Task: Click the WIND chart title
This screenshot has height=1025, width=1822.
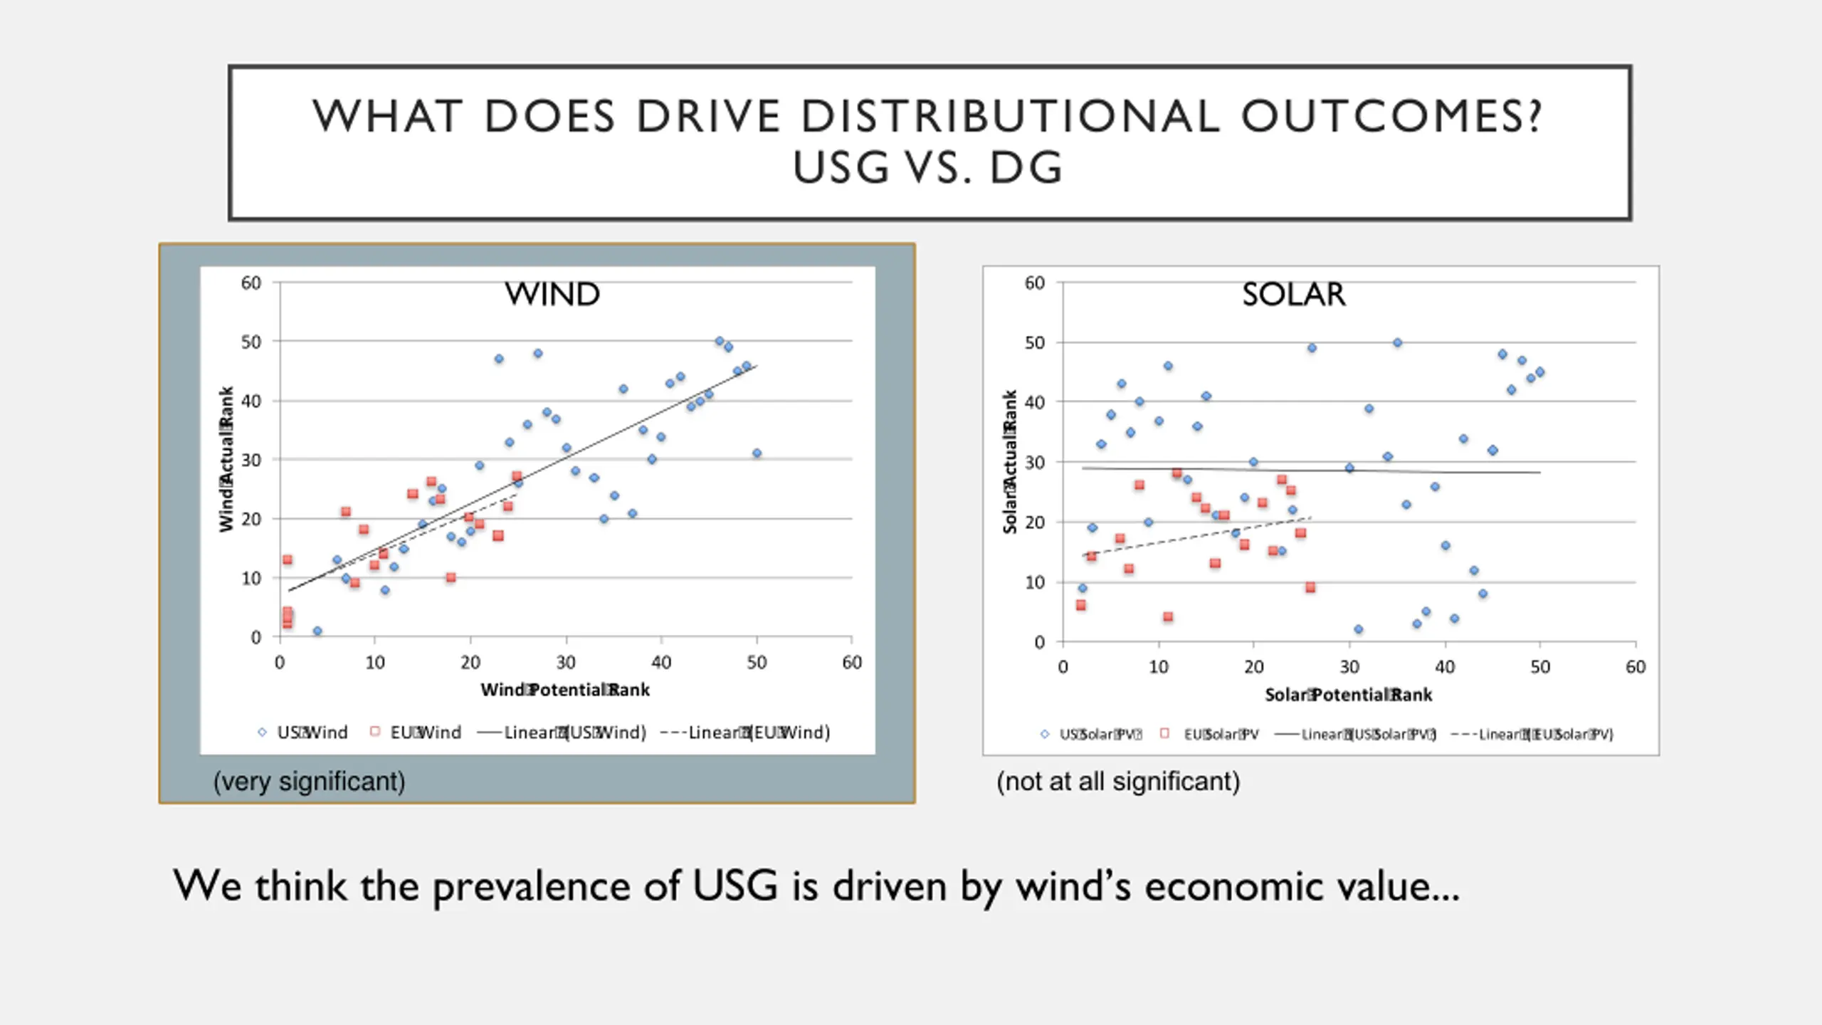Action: pos(552,294)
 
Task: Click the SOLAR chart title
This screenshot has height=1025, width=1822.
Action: pos(1293,294)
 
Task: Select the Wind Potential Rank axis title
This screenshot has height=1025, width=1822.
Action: pos(565,690)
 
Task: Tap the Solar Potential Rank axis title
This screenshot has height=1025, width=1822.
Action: pos(1348,695)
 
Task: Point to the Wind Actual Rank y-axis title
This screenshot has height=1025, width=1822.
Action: pos(226,459)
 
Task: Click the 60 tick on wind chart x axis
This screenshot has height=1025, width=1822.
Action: pos(852,663)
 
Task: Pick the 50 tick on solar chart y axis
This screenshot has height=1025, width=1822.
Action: pos(1034,342)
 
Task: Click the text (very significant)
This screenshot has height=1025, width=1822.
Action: pos(309,782)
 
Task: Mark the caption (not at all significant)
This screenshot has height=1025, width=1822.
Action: pos(1118,782)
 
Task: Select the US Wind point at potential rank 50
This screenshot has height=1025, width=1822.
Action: pos(757,453)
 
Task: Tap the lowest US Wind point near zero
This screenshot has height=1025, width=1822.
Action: pos(317,631)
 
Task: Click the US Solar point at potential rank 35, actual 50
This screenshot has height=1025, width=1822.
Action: pos(1397,342)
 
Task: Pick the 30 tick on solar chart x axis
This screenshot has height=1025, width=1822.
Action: pos(1349,667)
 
